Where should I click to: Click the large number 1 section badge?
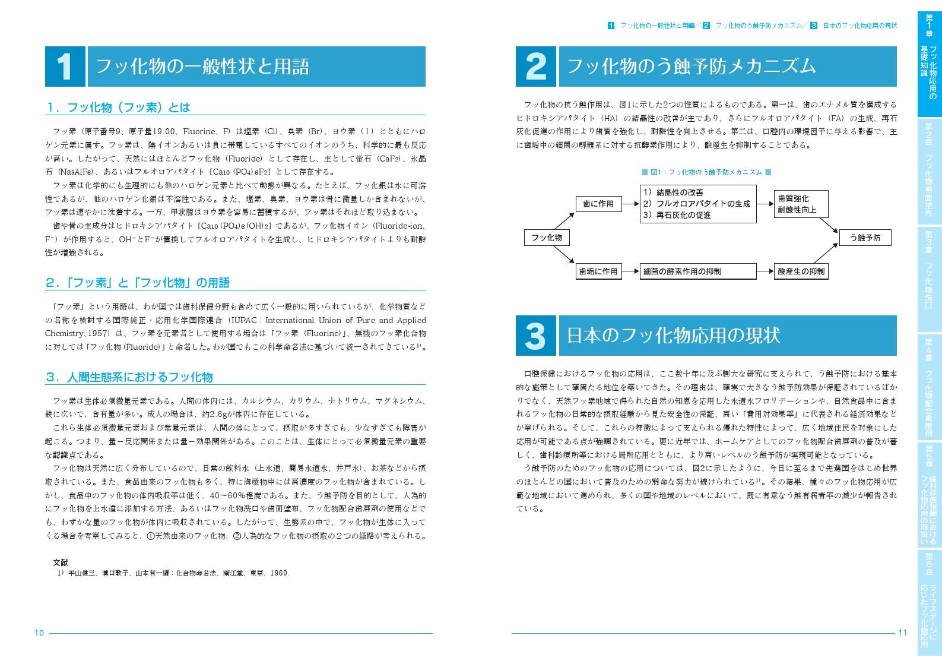pos(65,67)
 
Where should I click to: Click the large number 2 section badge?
pos(535,67)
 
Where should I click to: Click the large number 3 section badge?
pos(535,336)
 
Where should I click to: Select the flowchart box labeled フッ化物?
pos(547,238)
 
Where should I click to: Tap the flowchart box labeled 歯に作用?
pos(598,204)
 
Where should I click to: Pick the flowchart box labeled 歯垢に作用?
pos(598,271)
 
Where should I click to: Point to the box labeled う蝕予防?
pos(865,238)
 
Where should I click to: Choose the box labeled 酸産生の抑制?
pos(801,271)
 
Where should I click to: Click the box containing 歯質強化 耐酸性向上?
pos(801,204)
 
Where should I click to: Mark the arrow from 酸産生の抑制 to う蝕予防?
pos(826,253)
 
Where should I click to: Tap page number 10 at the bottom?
pos(39,633)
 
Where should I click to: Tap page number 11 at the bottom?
pos(902,633)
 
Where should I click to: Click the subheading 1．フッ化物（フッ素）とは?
pos(118,108)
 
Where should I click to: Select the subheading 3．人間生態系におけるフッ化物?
pos(129,377)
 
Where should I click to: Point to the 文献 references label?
pos(61,562)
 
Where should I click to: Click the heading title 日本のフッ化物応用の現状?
pos(673,336)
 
